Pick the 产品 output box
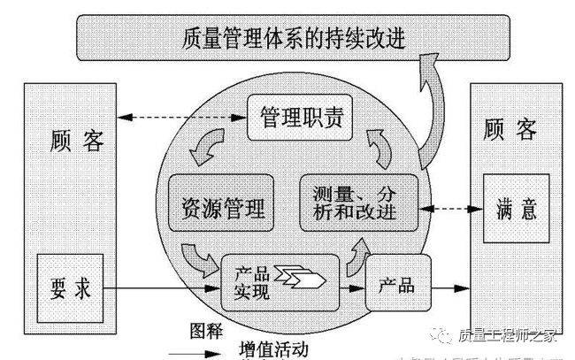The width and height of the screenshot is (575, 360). click(397, 286)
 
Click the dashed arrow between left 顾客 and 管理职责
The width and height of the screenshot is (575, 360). click(187, 114)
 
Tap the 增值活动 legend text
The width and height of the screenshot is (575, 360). click(273, 349)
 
